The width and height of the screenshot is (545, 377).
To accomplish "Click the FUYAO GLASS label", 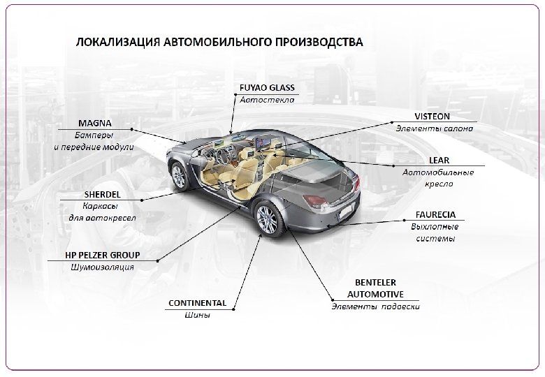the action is pyautogui.click(x=268, y=88).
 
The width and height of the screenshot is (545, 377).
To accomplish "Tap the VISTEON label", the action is pyautogui.click(x=433, y=116).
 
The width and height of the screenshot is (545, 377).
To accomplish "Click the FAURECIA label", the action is pyautogui.click(x=436, y=214).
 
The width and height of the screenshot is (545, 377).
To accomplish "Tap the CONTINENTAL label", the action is pyautogui.click(x=198, y=303).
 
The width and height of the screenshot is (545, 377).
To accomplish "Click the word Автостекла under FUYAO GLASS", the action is pyautogui.click(x=268, y=100).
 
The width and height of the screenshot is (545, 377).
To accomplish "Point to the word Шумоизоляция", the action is pyautogui.click(x=102, y=267).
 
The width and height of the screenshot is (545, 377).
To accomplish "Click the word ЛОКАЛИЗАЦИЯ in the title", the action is pyautogui.click(x=117, y=41).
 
